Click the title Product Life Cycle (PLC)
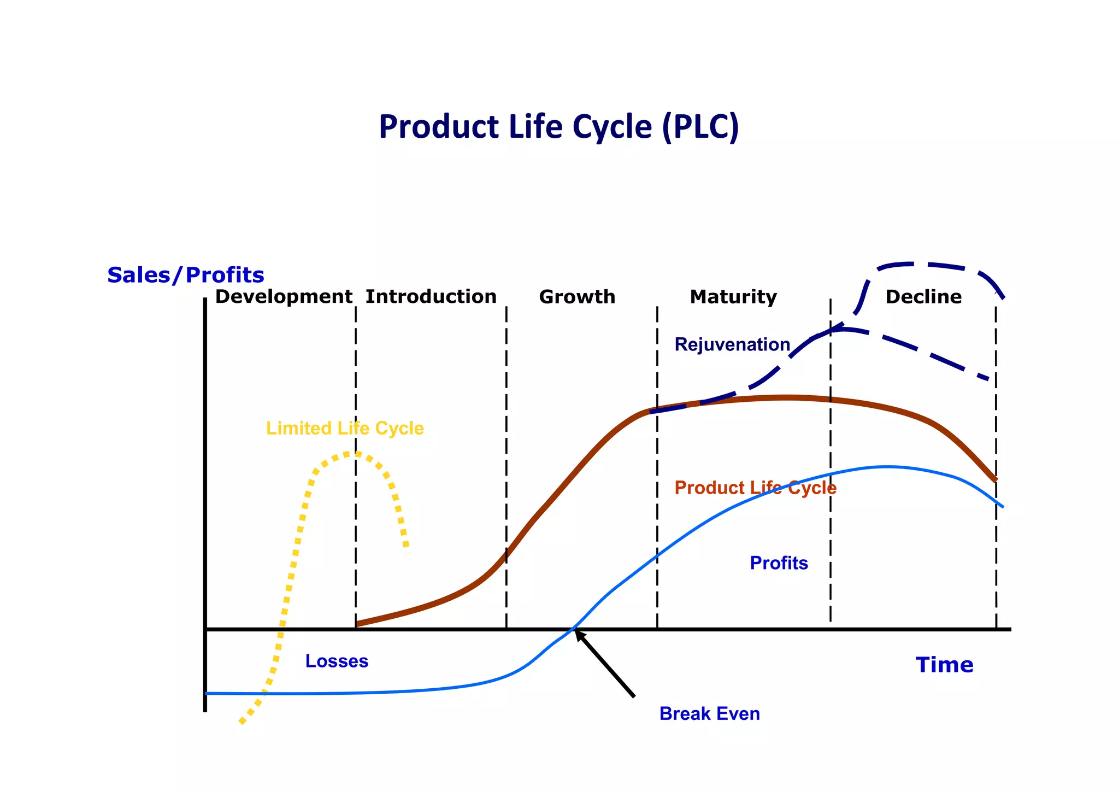558,127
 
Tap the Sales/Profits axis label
186,275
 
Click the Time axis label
944,665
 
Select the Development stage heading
283,297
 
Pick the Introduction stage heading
431,297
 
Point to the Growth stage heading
577,297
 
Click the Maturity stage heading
733,297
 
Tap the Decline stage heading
923,297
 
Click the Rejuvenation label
732,344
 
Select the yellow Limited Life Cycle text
345,428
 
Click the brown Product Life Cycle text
755,488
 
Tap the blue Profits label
779,563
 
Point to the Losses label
337,661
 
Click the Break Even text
709,714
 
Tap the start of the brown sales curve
357,623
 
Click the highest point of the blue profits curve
886,467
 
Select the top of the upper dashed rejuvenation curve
918,264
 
